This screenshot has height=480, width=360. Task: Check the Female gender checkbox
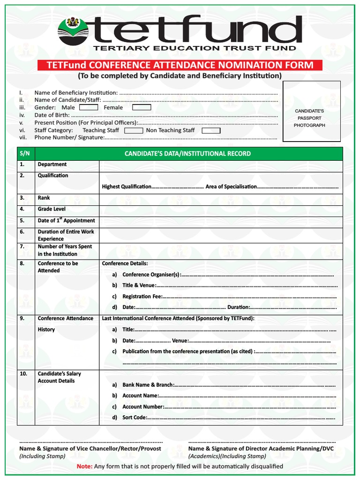[x=141, y=107]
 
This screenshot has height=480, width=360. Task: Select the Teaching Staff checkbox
[x=133, y=130]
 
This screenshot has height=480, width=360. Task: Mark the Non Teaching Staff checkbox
[x=210, y=130]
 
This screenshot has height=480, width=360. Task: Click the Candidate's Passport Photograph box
[x=311, y=111]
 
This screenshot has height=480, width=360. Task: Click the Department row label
[x=52, y=165]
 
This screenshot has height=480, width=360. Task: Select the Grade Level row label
[x=52, y=209]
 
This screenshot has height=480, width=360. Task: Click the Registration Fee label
[x=142, y=296]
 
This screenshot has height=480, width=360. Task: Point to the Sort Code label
[x=135, y=417]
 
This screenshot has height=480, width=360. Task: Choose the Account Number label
[x=143, y=407]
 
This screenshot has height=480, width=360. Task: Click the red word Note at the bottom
[x=84, y=466]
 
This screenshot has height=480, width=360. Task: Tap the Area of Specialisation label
[x=231, y=187]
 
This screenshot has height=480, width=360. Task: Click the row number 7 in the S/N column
[x=22, y=247]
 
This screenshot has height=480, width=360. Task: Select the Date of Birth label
[x=52, y=115]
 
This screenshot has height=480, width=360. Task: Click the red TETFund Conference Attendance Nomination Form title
[x=180, y=65]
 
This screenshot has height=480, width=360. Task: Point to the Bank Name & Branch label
[x=148, y=385]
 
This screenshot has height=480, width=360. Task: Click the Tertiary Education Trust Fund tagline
[x=194, y=48]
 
